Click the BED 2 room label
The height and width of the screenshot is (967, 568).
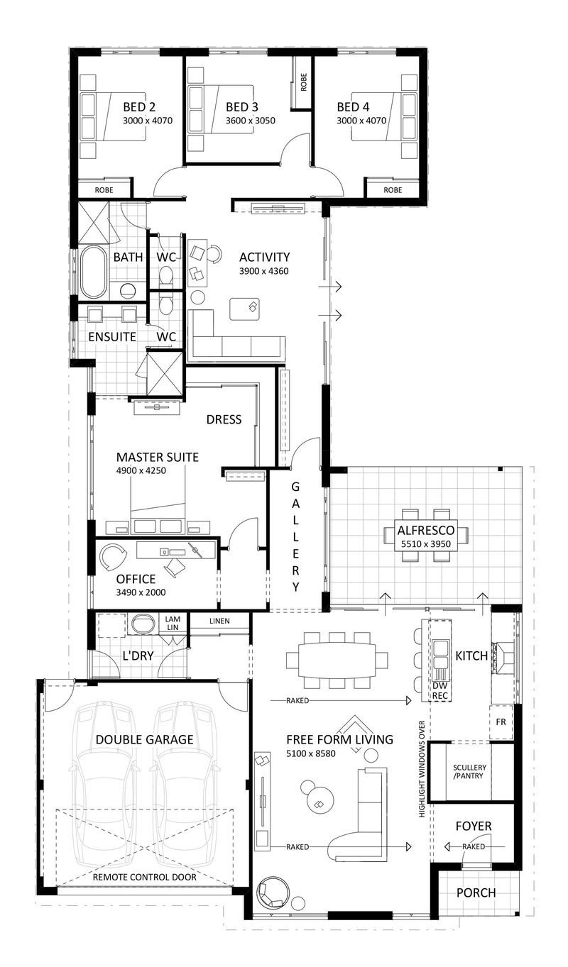coord(139,107)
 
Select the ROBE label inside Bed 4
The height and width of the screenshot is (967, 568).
coord(393,190)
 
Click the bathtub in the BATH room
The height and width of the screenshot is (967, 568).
coord(93,272)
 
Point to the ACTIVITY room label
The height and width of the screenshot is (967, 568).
coord(264,257)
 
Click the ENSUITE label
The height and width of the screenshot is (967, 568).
coord(111,336)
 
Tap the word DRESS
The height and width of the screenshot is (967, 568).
coord(224,419)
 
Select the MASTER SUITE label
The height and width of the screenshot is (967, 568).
coord(157,457)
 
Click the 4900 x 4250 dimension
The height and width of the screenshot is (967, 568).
coord(141,470)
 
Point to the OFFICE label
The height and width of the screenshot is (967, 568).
coord(136,580)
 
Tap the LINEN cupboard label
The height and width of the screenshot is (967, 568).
coord(220,622)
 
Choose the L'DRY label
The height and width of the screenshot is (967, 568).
coord(138,656)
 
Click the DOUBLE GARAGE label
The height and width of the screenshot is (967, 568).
coord(145,739)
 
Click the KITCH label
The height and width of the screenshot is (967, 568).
coord(471,656)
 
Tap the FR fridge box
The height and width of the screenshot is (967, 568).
coord(500,722)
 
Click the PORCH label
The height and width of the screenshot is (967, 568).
coord(476,893)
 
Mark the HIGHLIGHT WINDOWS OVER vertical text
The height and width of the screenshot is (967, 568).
coord(422,769)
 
